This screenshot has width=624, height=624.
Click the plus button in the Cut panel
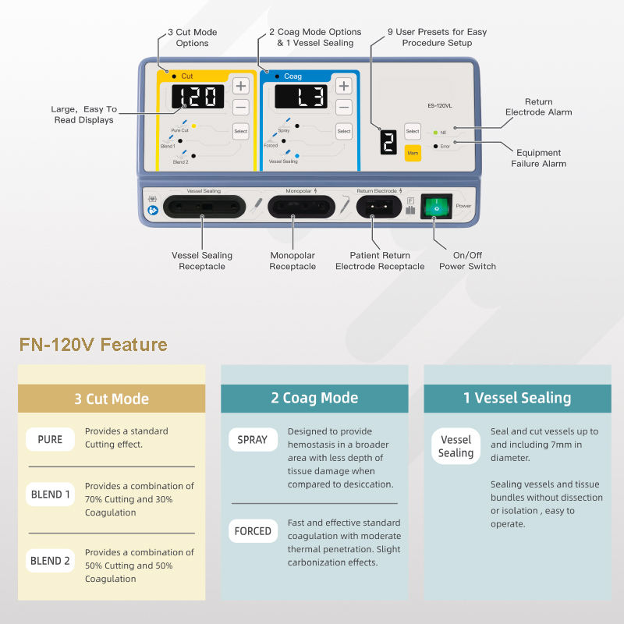coord(241,87)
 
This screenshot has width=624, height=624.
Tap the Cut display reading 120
coord(197,97)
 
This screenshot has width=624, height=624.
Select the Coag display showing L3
coord(300,97)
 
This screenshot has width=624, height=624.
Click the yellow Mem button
coord(413,153)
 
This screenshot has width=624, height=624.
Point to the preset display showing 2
coord(388,140)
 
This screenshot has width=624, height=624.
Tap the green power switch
coord(436,207)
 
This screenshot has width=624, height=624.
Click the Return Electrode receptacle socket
coord(378,207)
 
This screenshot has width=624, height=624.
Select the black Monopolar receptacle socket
coord(301,207)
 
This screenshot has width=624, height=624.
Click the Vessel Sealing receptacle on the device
coord(203,207)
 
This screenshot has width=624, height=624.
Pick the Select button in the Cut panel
coord(240,131)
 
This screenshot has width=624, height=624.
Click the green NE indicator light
coord(434,133)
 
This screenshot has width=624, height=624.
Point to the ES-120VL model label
coord(441,105)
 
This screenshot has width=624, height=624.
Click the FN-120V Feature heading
coord(94,344)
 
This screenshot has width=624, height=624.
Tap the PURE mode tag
coord(50,439)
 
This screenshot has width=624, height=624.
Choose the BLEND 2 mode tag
coord(50,561)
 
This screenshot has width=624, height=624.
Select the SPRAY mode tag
coord(253,440)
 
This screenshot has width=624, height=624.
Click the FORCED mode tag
coord(253,531)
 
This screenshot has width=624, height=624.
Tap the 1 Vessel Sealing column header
coord(517,398)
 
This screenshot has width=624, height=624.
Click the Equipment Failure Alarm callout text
coord(538,158)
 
